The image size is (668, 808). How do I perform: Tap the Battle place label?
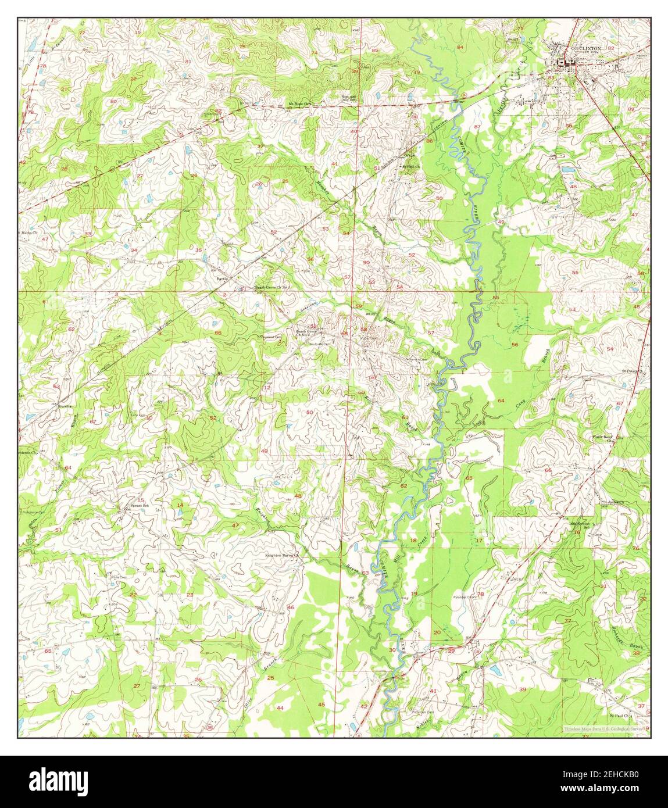pyautogui.click(x=223, y=279)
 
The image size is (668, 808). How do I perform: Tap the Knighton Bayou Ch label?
pyautogui.click(x=281, y=556)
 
